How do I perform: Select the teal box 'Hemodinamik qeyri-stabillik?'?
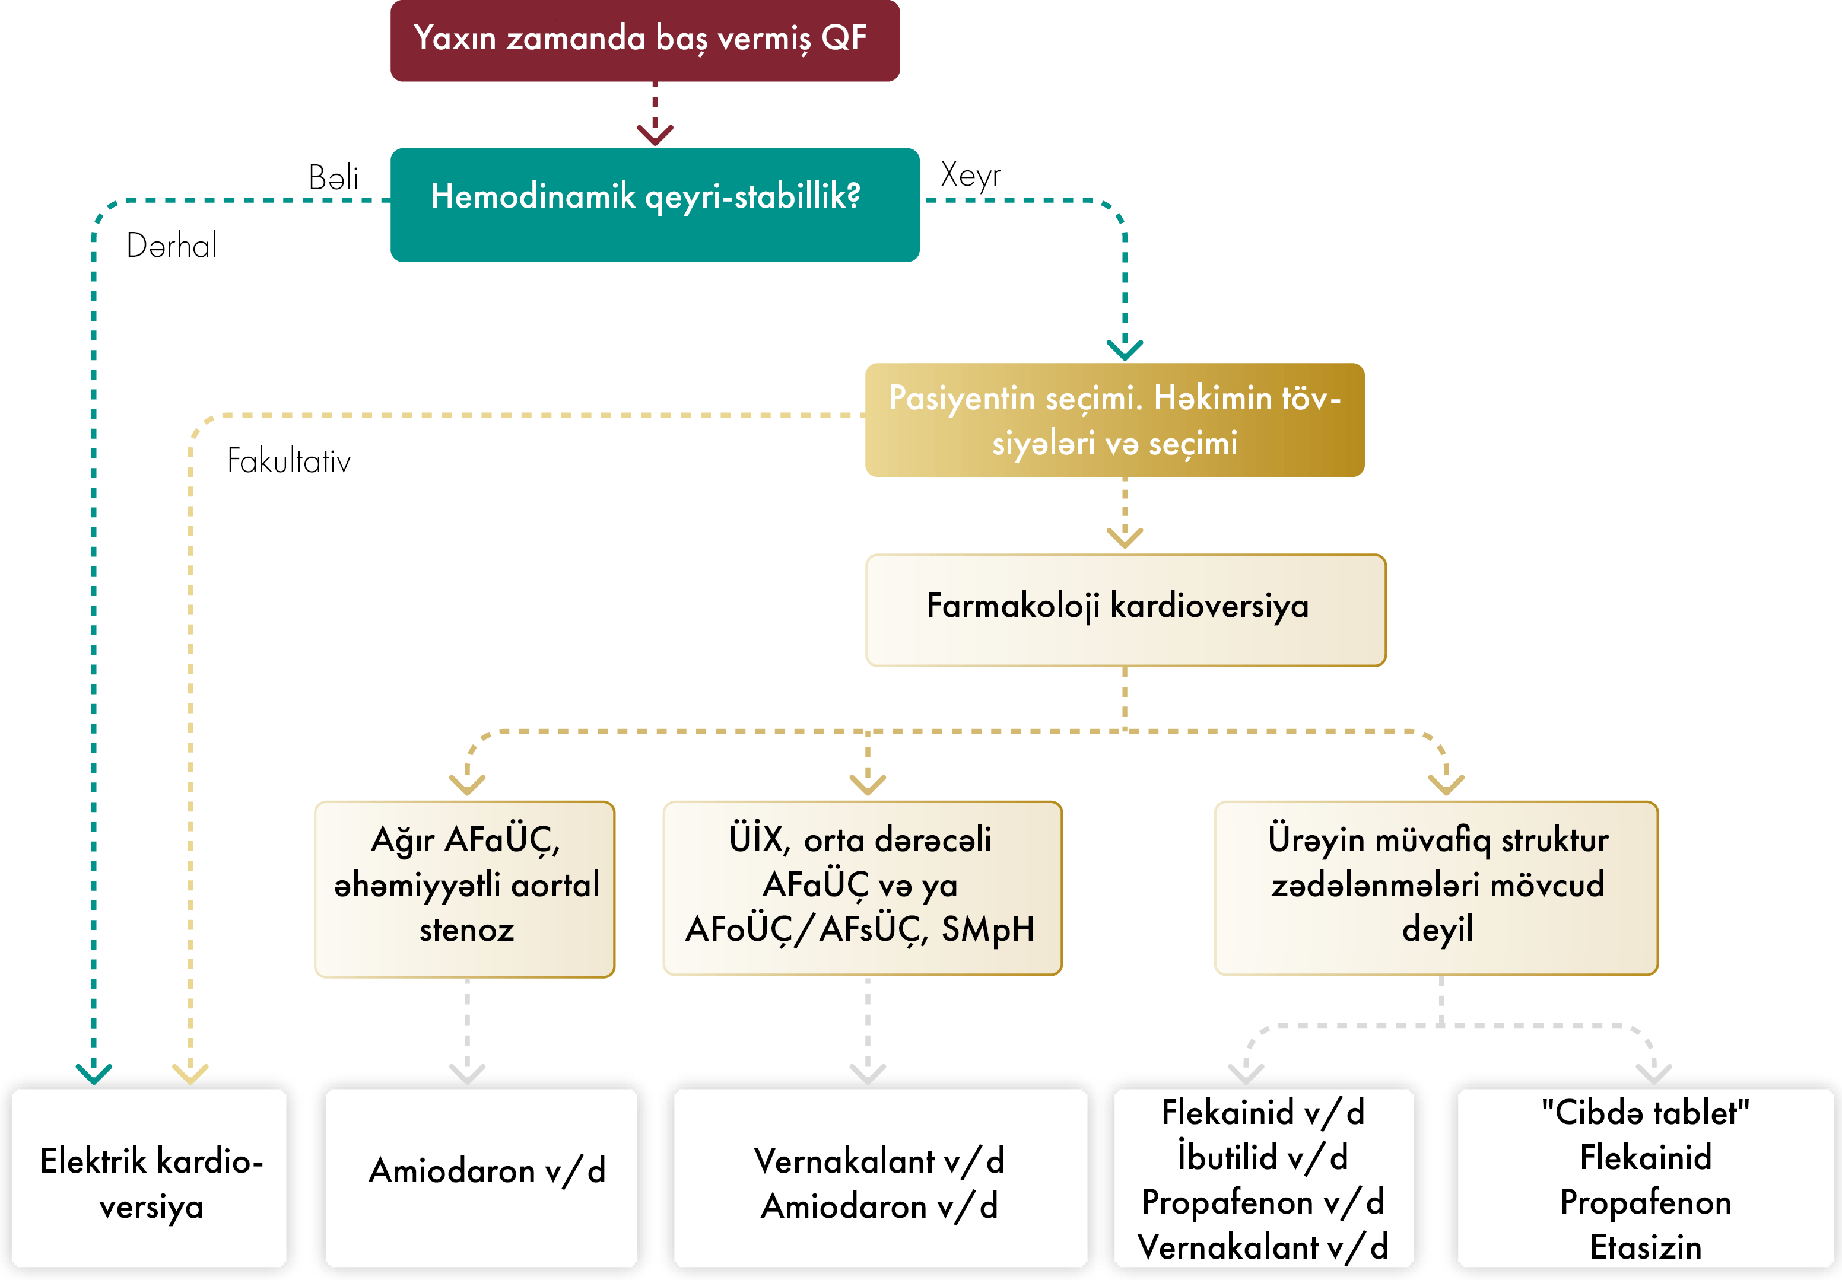click(654, 205)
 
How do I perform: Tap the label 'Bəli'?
click(333, 178)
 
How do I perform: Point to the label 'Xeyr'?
click(970, 175)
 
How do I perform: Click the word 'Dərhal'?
click(172, 246)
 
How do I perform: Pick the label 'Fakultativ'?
click(289, 461)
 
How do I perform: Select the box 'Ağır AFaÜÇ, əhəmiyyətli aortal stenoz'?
click(465, 889)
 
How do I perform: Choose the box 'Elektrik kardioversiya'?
click(150, 1180)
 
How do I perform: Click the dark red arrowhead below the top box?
click(655, 133)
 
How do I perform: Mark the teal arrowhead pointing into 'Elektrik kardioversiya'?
click(94, 1073)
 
